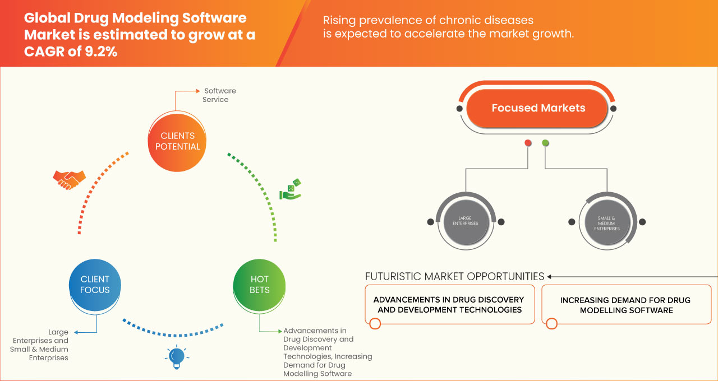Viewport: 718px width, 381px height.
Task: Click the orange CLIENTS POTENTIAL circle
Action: [177, 141]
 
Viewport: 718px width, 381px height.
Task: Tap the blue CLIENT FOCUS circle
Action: [95, 285]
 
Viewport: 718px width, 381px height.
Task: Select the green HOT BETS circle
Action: [259, 285]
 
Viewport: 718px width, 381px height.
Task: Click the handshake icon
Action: [69, 179]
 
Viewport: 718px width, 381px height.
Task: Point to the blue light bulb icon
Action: [177, 357]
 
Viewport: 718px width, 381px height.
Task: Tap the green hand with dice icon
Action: [291, 190]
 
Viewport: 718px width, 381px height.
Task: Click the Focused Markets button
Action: [538, 108]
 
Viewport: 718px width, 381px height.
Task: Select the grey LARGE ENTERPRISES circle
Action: [465, 221]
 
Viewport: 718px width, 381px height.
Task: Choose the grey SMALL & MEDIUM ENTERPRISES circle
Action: [607, 221]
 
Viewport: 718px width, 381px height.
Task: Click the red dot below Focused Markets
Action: [528, 143]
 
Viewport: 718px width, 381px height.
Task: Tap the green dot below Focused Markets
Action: [545, 143]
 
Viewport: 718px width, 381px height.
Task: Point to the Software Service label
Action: [219, 95]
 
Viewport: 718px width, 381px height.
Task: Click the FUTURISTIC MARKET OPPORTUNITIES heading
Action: [454, 276]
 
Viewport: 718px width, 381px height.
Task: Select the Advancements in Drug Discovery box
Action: [449, 305]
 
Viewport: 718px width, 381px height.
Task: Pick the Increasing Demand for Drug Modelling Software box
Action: [626, 305]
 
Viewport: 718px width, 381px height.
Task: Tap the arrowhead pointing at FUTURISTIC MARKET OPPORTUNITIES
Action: [550, 276]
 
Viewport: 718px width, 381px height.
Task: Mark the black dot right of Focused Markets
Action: [614, 108]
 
